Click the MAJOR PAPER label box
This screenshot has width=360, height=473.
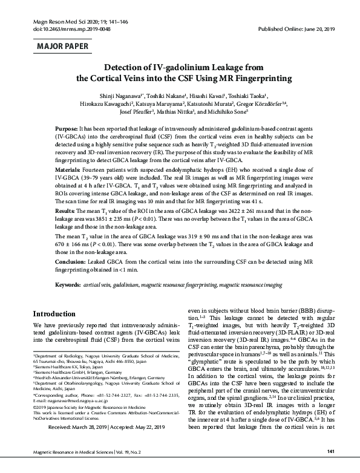click(62, 46)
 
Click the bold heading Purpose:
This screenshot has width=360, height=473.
click(66, 130)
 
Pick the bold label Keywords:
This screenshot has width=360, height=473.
click(68, 284)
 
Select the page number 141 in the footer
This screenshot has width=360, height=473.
click(330, 452)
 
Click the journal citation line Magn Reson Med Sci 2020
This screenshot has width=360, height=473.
click(59, 21)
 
